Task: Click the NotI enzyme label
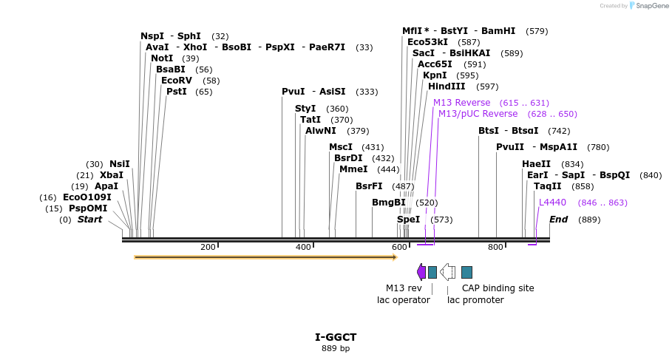pyautogui.click(x=162, y=58)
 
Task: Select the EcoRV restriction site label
pyautogui.click(x=176, y=81)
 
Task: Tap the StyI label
pyautogui.click(x=305, y=109)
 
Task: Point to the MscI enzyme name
pyautogui.click(x=341, y=147)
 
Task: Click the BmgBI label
pyautogui.click(x=389, y=203)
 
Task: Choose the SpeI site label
pyautogui.click(x=408, y=220)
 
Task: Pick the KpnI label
pyautogui.click(x=435, y=75)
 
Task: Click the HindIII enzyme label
pyautogui.click(x=447, y=86)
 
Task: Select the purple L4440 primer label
pyautogui.click(x=552, y=203)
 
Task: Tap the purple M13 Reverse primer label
pyautogui.click(x=461, y=103)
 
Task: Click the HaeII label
pyautogui.click(x=536, y=164)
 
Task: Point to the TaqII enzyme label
pyautogui.click(x=548, y=186)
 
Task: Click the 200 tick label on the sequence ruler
pyautogui.click(x=208, y=247)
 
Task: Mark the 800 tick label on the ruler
pyautogui.click(x=495, y=247)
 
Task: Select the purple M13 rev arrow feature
pyautogui.click(x=421, y=272)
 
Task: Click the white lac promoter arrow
pyautogui.click(x=447, y=272)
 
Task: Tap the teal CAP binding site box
pyautogui.click(x=466, y=272)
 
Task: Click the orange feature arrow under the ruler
pyautogui.click(x=265, y=257)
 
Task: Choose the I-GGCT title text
pyautogui.click(x=336, y=337)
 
